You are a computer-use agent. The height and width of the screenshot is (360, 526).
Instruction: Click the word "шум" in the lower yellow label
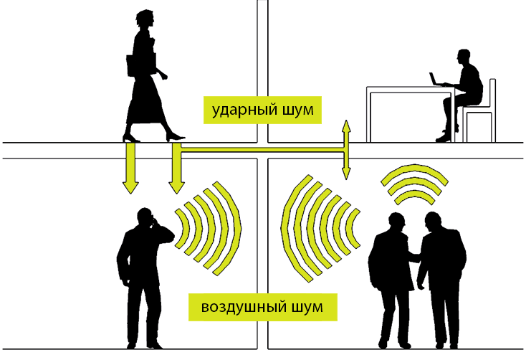[x=307, y=307]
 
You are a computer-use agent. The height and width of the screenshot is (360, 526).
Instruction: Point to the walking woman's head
[x=145, y=19]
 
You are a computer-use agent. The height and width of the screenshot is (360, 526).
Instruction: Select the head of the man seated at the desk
[x=463, y=58]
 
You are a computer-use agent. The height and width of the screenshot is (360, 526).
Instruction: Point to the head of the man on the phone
[x=145, y=217]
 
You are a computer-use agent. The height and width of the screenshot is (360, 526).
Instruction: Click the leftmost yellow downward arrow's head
[x=130, y=188]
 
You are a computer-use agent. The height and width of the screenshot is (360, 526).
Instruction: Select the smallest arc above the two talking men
[x=415, y=196]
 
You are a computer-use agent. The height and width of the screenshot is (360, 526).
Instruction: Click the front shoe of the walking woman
[x=175, y=137]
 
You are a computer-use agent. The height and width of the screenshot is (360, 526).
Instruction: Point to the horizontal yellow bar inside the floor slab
[x=263, y=150]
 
